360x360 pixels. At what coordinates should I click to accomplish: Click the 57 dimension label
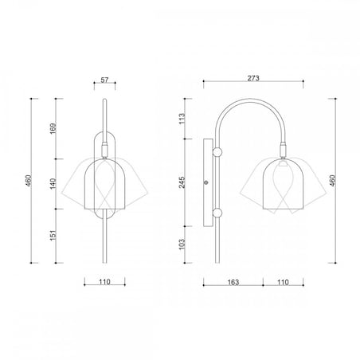pyautogui.click(x=104, y=80)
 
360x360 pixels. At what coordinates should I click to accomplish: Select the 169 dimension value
pyautogui.click(x=53, y=128)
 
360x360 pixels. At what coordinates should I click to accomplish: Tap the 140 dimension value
pyautogui.click(x=53, y=184)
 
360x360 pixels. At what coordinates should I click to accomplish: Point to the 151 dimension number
pyautogui.click(x=53, y=236)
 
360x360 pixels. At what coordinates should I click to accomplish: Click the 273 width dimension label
pyautogui.click(x=253, y=78)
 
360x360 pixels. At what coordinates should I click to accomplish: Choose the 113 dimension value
pyautogui.click(x=182, y=119)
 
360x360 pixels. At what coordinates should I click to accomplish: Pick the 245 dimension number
pyautogui.click(x=182, y=182)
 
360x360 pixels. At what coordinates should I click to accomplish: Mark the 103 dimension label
pyautogui.click(x=182, y=245)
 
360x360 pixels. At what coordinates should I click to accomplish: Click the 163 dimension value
pyautogui.click(x=233, y=282)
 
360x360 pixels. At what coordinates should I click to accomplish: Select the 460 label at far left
pyautogui.click(x=29, y=181)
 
